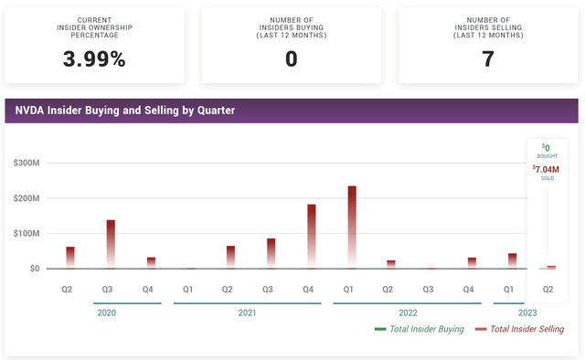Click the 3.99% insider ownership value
click(x=94, y=60)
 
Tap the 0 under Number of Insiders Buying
click(x=292, y=60)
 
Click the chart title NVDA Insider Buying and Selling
click(x=124, y=111)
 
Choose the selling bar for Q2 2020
click(x=70, y=257)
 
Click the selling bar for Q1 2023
click(x=513, y=260)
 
